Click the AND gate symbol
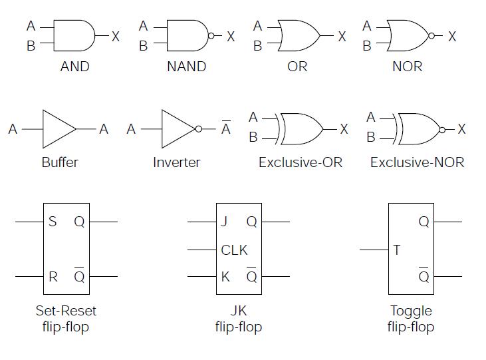(73, 35)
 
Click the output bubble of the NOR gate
(431, 36)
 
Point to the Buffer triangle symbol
(59, 128)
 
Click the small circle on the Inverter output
(198, 129)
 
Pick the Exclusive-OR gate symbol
(303, 128)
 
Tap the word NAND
(186, 67)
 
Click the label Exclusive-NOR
(417, 162)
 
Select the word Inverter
(176, 162)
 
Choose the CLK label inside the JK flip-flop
(234, 250)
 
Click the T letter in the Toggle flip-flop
(397, 250)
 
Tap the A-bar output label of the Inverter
(226, 128)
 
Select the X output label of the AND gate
(116, 37)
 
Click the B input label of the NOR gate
(367, 47)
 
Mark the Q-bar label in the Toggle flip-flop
(424, 275)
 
